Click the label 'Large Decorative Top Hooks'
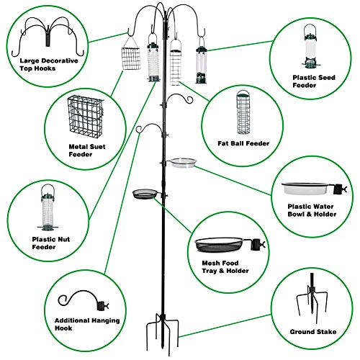coord(49,64)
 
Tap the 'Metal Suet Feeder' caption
coord(87,150)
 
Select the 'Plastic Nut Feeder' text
coord(51,243)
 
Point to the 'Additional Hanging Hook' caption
coord(87,324)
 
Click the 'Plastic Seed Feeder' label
coord(314,81)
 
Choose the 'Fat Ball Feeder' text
coord(243,143)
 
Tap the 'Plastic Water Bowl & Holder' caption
coord(312,210)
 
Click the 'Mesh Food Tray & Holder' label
coord(225,267)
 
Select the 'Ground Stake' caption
coord(313,332)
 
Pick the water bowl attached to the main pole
coord(183,163)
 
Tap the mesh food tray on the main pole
coord(145,194)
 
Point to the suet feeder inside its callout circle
coord(86,117)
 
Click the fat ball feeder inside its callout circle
coord(243,112)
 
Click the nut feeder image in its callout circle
coord(48,207)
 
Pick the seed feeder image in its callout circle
coord(310,45)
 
